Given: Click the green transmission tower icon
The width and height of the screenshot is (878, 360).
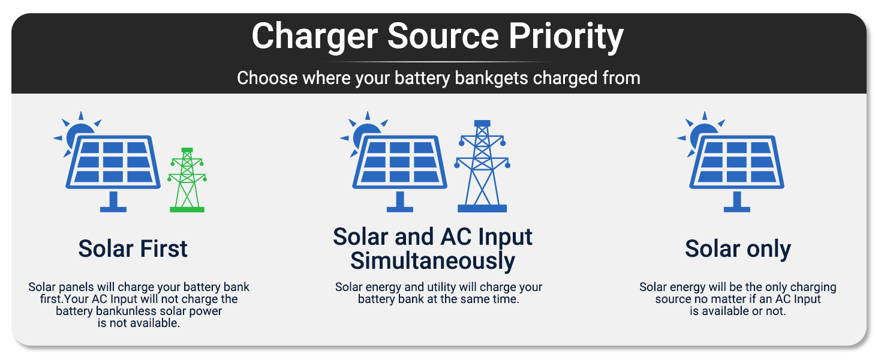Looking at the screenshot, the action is click(x=187, y=180).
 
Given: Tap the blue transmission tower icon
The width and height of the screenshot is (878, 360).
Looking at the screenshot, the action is click(x=482, y=166).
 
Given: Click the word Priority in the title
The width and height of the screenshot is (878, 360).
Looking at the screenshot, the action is click(x=566, y=37).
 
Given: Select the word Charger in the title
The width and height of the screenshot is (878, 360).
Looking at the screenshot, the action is click(x=315, y=37).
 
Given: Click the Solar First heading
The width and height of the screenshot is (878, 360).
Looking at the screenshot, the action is click(x=133, y=248).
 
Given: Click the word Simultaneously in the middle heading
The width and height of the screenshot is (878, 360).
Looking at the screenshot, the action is click(x=432, y=261).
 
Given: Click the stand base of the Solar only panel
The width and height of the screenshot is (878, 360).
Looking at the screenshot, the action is click(x=737, y=209).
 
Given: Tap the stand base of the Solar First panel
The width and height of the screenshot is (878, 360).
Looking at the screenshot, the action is click(x=113, y=209).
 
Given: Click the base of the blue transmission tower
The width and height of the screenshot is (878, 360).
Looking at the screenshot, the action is click(x=482, y=209).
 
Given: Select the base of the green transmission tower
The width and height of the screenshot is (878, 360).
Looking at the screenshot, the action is click(x=187, y=210).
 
